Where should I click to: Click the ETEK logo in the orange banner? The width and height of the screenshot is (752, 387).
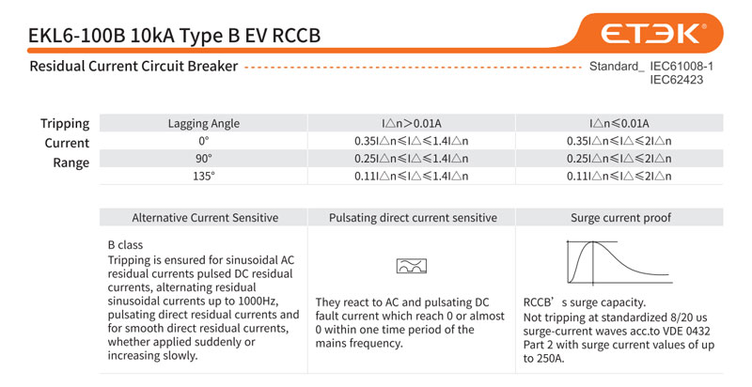[x=652, y=34]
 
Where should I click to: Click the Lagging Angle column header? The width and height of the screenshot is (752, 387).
[x=204, y=123]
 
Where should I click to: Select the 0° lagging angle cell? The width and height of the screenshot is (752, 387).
[x=204, y=141]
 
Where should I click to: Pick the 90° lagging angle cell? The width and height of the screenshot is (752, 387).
[x=204, y=159]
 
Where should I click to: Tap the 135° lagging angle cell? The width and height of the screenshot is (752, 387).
[x=204, y=176]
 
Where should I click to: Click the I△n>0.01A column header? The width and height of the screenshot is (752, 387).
[x=412, y=123]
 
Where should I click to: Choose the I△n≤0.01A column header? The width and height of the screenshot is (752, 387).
[x=619, y=123]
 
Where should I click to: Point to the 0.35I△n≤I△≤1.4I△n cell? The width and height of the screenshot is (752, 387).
[x=412, y=141]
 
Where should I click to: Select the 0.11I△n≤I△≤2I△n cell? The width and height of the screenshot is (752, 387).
[x=619, y=176]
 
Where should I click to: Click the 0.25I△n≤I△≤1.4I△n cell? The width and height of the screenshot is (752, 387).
[x=412, y=159]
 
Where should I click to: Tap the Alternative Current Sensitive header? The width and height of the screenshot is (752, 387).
[x=205, y=218]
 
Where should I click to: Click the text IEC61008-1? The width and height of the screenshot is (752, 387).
[x=681, y=67]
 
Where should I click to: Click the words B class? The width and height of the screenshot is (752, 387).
[x=125, y=244]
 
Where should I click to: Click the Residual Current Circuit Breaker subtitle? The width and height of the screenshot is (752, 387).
[x=133, y=67]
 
